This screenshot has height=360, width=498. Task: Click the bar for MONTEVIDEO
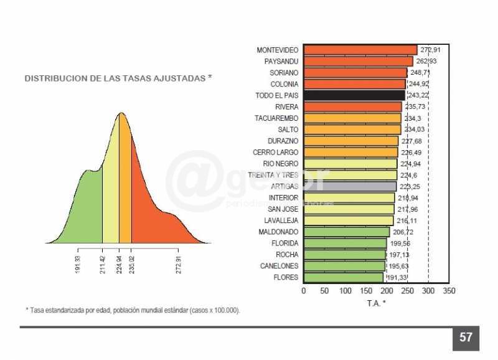(360, 50)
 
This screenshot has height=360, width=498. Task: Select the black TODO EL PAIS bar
(354, 95)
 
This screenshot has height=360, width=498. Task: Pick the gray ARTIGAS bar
(350, 186)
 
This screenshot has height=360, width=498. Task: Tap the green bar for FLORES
(343, 277)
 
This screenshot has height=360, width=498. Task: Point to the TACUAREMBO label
(276, 118)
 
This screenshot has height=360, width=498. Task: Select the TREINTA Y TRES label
(273, 175)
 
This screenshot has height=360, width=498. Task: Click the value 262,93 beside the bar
(426, 61)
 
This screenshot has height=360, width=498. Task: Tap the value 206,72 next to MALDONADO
(403, 232)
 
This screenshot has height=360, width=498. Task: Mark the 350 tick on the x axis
(449, 291)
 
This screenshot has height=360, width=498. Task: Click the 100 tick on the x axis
(345, 291)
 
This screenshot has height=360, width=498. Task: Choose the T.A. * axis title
(376, 303)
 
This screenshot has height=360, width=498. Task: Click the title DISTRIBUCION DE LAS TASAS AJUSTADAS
(118, 78)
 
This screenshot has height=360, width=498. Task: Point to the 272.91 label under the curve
(179, 265)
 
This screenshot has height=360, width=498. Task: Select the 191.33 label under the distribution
(78, 265)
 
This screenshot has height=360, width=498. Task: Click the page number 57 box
(466, 338)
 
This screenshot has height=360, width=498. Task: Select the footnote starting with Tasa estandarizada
(133, 310)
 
